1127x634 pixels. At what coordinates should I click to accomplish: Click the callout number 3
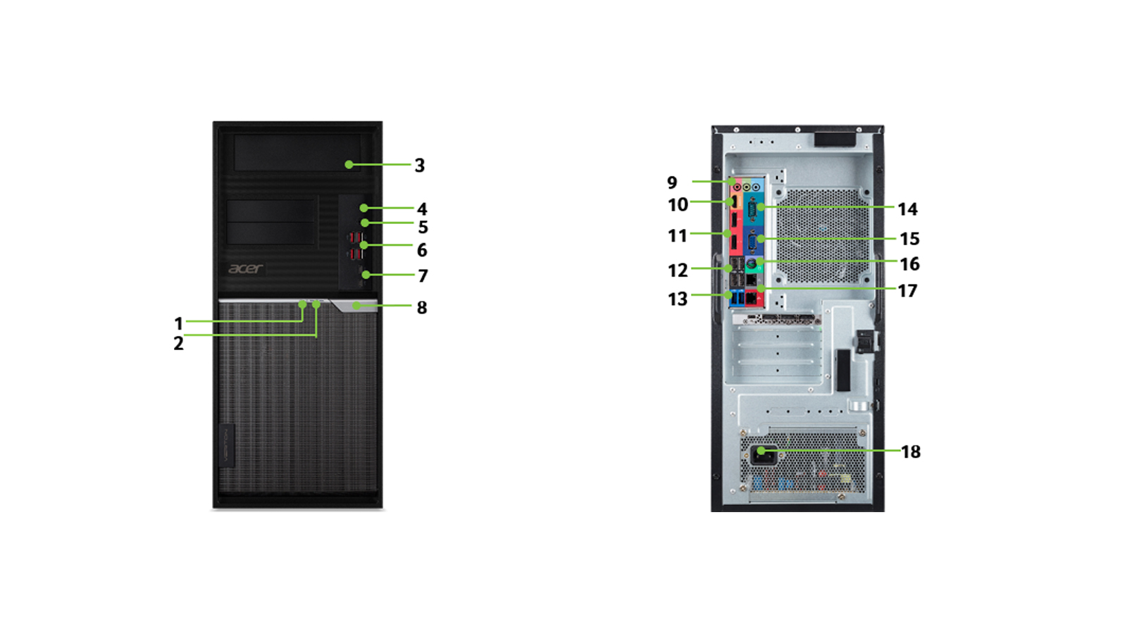420,165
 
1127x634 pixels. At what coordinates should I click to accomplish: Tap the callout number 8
422,307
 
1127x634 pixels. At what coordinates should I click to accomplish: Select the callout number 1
178,323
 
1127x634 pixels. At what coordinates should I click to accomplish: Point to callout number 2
179,344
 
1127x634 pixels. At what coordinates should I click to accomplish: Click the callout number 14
908,209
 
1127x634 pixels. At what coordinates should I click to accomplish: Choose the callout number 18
911,452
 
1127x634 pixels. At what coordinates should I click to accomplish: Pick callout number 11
677,236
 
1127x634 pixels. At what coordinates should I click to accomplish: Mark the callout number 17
908,291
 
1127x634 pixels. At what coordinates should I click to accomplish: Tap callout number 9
672,182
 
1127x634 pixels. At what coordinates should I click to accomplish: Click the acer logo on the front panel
246,268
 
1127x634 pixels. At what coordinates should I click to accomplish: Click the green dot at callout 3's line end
349,165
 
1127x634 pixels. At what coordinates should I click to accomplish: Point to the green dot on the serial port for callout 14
760,207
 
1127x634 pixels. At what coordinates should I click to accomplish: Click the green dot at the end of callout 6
363,245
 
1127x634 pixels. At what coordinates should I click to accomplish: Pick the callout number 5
423,228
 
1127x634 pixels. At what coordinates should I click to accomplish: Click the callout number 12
678,271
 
